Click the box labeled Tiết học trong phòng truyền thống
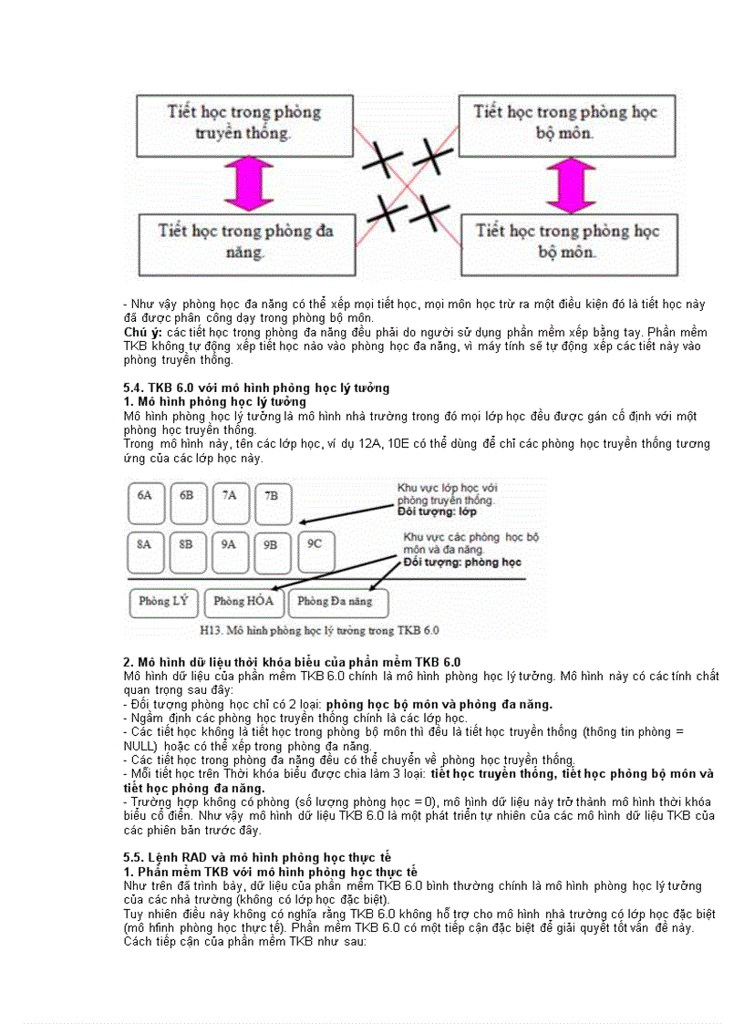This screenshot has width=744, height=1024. point(244,123)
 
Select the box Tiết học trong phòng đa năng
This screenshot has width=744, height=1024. point(244,242)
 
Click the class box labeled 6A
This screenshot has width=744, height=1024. point(144,501)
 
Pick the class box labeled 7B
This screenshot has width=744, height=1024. point(272,501)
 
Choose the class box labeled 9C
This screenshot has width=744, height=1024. point(315,550)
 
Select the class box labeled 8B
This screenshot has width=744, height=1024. point(186,550)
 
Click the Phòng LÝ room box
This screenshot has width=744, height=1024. point(164,602)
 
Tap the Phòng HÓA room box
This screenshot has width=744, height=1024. point(243,602)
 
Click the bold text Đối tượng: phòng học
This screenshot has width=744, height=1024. point(462,562)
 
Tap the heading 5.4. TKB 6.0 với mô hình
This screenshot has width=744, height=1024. point(256,388)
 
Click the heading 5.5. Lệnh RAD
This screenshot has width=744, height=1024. point(257,857)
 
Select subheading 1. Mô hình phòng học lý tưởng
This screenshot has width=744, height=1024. point(215,401)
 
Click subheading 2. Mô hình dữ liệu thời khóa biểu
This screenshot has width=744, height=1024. point(292,662)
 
